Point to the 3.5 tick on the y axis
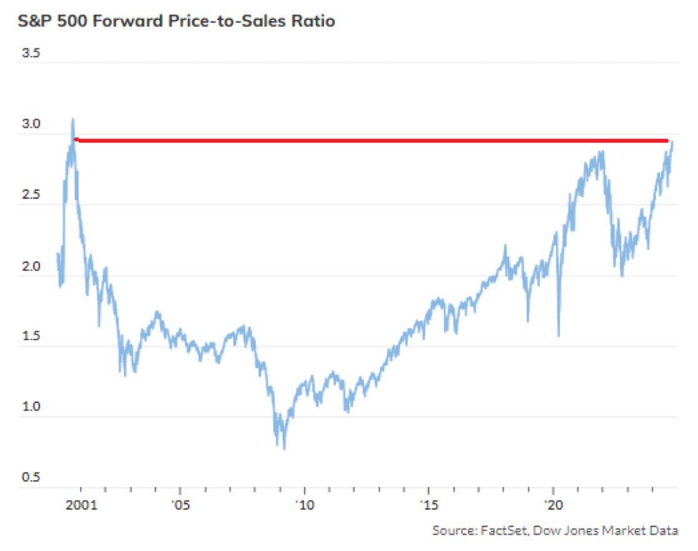[31, 54]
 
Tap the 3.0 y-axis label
[31, 125]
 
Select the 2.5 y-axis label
[31, 195]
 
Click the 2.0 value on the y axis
[31, 266]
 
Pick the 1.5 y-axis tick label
[31, 336]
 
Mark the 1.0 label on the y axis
[31, 407]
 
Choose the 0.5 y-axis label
[31, 477]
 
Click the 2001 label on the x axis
[81, 505]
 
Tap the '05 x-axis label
[180, 505]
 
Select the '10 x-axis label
[304, 505]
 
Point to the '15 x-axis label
[428, 505]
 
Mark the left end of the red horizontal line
[75, 140]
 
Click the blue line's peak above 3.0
[73, 119]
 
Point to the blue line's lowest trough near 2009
[285, 448]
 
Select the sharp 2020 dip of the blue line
[558, 336]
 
